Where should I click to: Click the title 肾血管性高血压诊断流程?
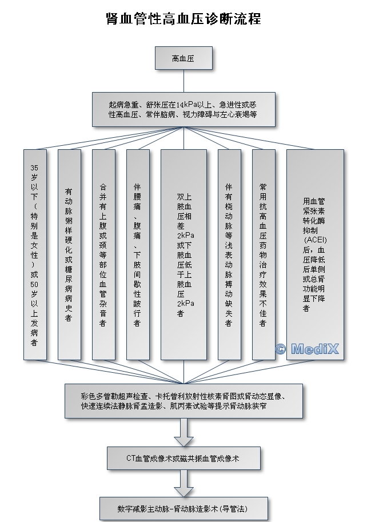coord(183,18)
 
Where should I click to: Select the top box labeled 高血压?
coord(183,58)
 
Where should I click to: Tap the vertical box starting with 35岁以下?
coord(35,254)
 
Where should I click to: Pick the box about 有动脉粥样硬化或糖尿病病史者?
coord(69,254)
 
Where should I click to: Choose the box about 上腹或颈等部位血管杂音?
coord(103,254)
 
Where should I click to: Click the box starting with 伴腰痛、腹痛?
coord(138,254)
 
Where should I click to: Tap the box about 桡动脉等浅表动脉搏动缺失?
coord(229,254)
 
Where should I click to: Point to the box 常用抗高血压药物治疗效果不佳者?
coord(264,254)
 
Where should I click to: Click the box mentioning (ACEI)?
coord(315,254)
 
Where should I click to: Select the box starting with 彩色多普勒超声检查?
coord(183,401)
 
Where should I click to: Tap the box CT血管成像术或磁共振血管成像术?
coord(183,458)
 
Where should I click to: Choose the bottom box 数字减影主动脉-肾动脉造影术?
coord(183,508)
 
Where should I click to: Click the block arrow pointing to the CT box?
coord(183,433)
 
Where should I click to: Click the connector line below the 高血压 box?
coord(183,81)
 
